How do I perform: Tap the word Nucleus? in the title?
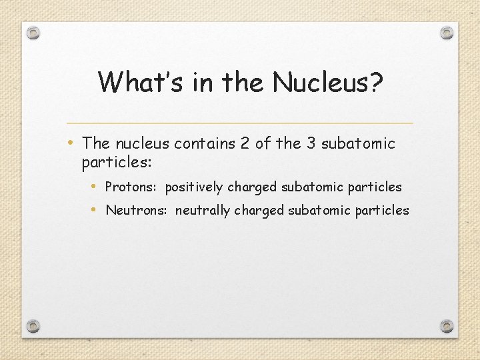328,82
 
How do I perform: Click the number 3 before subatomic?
309,143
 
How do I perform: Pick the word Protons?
132,187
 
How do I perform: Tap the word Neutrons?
137,211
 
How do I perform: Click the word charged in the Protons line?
252,187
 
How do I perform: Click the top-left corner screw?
34,33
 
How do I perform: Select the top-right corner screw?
447,33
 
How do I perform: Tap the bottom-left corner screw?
34,326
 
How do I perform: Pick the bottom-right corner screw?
447,326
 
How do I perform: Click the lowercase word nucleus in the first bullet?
142,143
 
